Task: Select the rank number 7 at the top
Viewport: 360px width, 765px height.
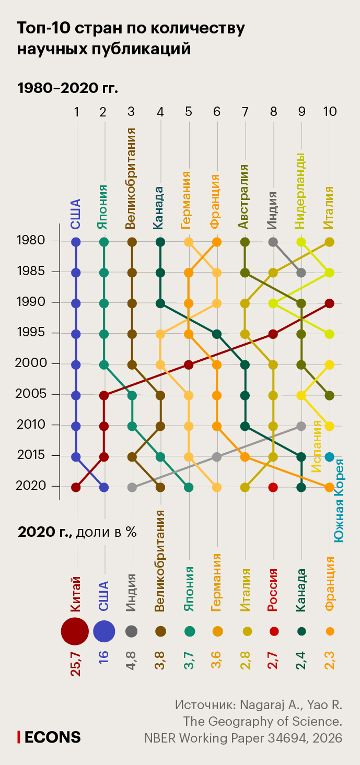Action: pos(245,112)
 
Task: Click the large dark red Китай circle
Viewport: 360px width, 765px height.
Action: pos(75,631)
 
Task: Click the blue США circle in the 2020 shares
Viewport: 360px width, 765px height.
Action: pos(104,631)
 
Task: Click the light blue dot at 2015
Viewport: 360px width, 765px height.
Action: pos(329,457)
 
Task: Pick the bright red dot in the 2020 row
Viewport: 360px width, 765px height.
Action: pos(273,487)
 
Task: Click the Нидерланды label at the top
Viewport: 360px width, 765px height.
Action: pos(300,191)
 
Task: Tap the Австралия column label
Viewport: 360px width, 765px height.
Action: pos(243,196)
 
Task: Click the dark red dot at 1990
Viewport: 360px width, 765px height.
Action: pos(329,303)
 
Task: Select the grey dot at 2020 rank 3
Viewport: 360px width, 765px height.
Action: pos(132,487)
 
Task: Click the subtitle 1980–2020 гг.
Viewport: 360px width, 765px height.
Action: pos(68,87)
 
